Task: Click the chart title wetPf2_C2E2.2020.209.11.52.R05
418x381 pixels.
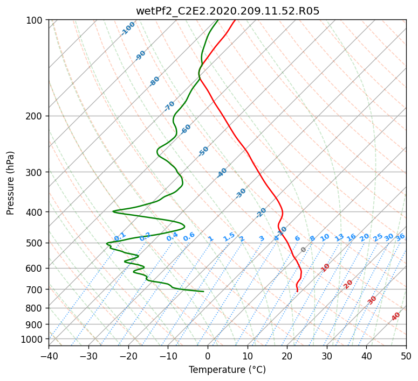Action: [x=228, y=11]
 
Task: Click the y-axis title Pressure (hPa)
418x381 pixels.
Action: [x=10, y=183]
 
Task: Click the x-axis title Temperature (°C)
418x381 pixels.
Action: [x=228, y=370]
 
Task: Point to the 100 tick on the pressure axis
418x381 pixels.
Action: [x=34, y=20]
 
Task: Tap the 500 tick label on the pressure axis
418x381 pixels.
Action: [x=34, y=243]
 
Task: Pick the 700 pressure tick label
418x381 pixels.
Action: [x=34, y=289]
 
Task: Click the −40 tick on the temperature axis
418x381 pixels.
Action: [x=49, y=356]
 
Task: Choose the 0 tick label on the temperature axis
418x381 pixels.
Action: [x=208, y=356]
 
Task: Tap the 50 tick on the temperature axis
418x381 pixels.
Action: [x=406, y=356]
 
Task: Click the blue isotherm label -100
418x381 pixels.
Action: [x=128, y=29]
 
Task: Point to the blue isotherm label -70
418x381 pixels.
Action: [x=169, y=106]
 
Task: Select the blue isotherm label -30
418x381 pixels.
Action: [x=241, y=193]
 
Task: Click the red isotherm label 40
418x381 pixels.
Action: [x=396, y=316]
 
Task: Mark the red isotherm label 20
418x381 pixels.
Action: [x=348, y=285]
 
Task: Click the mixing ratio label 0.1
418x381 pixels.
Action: [x=120, y=236]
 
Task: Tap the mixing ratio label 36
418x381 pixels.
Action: [x=400, y=237]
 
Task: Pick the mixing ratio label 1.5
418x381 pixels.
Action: [x=229, y=237]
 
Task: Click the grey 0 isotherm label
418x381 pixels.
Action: [x=303, y=250]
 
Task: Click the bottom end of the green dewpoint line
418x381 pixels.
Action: [x=204, y=291]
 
